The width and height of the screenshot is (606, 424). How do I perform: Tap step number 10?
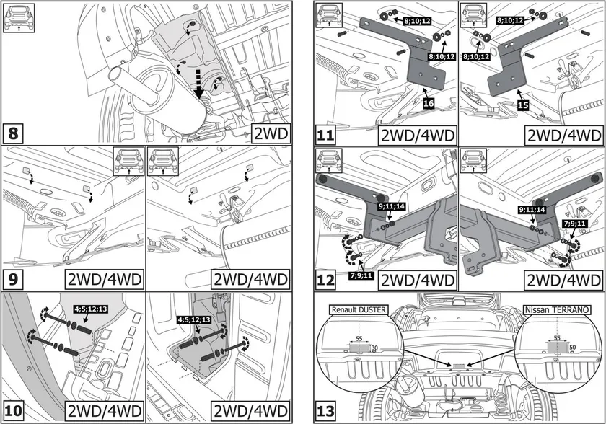[x=14, y=412]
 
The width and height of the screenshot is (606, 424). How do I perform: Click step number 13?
[x=327, y=412]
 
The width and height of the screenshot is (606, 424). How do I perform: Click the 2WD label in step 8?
[x=271, y=133]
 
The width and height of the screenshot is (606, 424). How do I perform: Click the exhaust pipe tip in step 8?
[x=116, y=74]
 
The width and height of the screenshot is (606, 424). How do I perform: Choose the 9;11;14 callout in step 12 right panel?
[x=532, y=210]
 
